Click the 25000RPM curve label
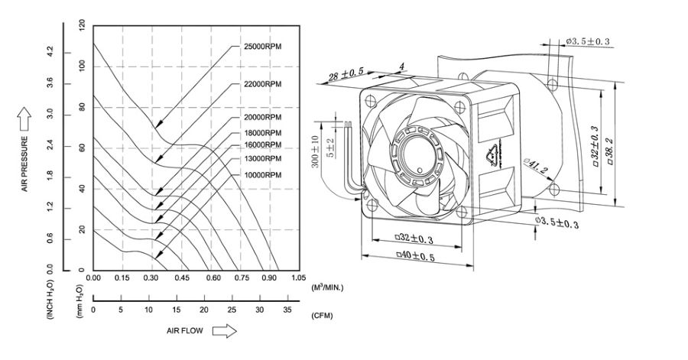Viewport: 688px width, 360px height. (263, 47)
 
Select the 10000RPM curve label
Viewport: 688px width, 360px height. (263, 174)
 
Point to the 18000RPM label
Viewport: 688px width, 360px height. (263, 133)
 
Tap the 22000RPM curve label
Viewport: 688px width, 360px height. (263, 83)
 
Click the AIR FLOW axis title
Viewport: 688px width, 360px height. (184, 332)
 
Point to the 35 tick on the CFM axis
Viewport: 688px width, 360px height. (287, 310)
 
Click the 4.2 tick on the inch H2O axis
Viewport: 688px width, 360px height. (51, 51)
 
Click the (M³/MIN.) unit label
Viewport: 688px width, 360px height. (327, 287)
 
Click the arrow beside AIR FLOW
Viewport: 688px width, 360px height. (224, 332)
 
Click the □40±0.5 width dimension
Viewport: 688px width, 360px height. (414, 256)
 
